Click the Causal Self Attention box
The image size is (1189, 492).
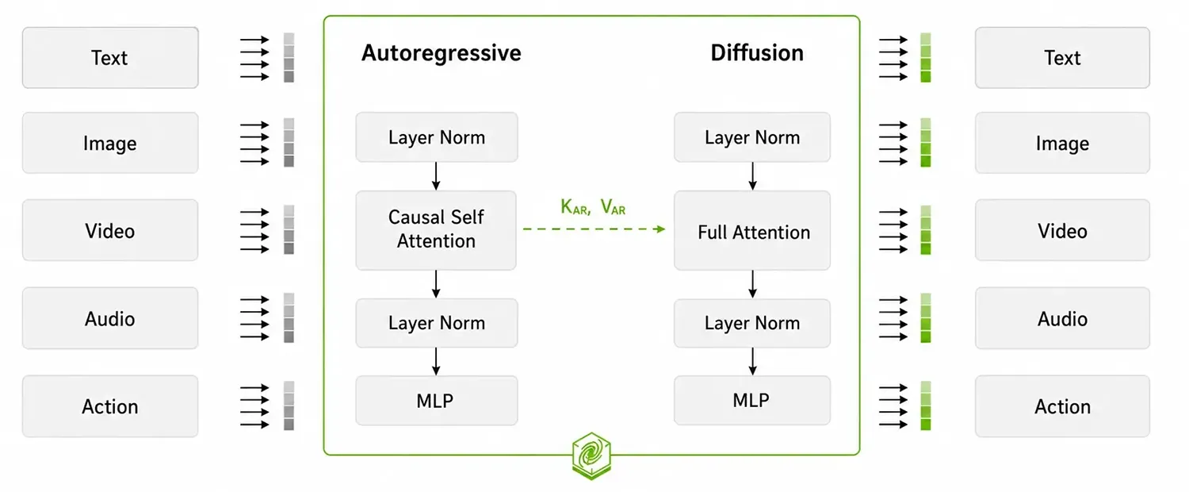[436, 230]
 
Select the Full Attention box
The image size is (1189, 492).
[752, 230]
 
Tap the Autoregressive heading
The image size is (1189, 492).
[441, 53]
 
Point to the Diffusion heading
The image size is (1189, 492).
[757, 52]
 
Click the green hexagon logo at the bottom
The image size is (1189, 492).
[591, 455]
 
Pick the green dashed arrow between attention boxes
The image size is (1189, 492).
[594, 229]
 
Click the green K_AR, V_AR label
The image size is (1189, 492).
[593, 206]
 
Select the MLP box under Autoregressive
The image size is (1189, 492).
[436, 401]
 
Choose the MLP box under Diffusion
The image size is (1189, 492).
[752, 400]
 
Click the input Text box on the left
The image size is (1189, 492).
[110, 57]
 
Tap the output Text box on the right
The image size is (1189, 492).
[1062, 57]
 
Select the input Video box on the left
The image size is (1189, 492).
[110, 230]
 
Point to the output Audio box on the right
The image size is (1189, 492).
[1062, 318]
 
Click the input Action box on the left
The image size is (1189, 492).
[110, 406]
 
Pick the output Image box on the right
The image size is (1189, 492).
[1062, 143]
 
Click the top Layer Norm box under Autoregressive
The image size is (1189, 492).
[436, 137]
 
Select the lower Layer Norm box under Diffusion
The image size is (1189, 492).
[752, 323]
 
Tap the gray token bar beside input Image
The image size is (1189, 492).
[289, 142]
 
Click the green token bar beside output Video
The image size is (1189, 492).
[926, 230]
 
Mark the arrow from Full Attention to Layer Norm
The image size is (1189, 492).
[752, 284]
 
